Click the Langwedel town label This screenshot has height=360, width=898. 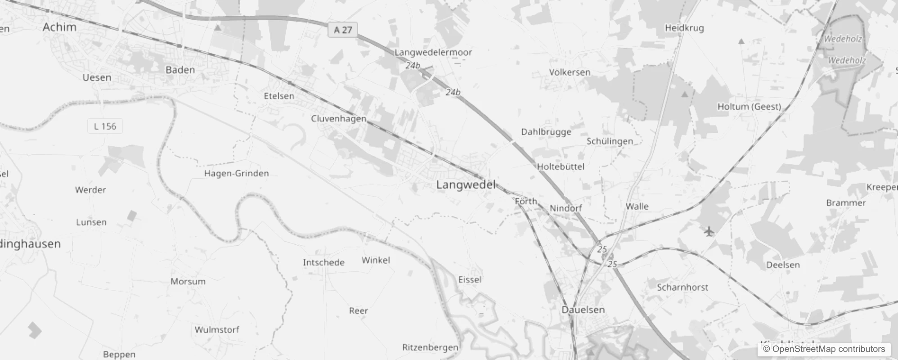click(x=466, y=185)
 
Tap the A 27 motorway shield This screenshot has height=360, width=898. click(x=343, y=30)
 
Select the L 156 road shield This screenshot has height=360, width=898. click(x=105, y=126)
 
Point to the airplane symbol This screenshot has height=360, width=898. click(x=709, y=232)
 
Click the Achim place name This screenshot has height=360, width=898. click(x=59, y=27)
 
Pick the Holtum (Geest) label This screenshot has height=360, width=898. click(x=749, y=107)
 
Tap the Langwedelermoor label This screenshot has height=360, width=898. click(x=433, y=52)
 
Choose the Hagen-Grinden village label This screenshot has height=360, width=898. click(x=237, y=173)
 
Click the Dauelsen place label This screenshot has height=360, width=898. click(x=583, y=310)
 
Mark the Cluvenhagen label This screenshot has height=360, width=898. click(x=339, y=119)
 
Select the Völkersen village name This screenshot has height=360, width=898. click(x=570, y=72)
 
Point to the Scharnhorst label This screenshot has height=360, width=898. click(x=682, y=287)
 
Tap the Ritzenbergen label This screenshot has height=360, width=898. click(x=430, y=347)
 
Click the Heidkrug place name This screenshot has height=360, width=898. click(x=684, y=28)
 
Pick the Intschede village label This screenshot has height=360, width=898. click(x=323, y=262)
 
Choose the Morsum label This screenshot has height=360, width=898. click(x=188, y=282)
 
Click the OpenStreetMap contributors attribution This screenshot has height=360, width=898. click(x=824, y=349)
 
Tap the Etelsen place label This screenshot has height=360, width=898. click(x=279, y=96)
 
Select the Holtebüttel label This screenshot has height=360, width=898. click(x=561, y=166)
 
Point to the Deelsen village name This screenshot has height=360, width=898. click(x=783, y=265)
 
